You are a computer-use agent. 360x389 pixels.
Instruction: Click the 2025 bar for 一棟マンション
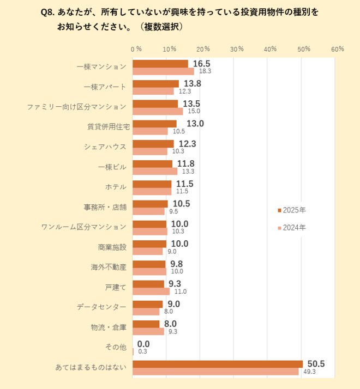(160, 64)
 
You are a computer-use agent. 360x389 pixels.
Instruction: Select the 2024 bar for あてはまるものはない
(215, 372)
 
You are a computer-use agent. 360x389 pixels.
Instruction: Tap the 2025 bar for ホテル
(152, 184)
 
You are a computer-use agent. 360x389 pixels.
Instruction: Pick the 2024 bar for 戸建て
(151, 291)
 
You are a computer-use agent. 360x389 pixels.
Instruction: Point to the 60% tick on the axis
(337, 49)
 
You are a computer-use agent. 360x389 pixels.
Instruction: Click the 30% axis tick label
(237, 49)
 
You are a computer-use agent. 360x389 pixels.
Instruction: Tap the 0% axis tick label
(136, 49)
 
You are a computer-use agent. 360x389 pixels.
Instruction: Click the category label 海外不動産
(109, 267)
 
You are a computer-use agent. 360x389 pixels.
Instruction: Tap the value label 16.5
(201, 64)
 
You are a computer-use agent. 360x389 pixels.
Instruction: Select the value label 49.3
(309, 372)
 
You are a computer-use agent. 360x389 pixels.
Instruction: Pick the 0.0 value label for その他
(143, 344)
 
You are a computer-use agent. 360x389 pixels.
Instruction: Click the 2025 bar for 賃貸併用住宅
(155, 124)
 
